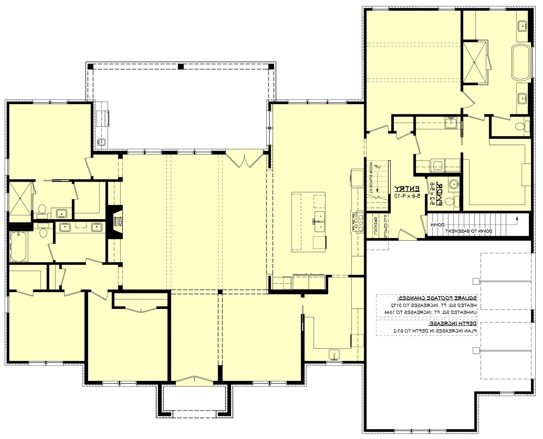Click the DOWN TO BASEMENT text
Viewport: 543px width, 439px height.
(468, 231)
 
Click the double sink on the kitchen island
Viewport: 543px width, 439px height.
(320, 222)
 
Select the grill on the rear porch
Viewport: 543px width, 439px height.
(103, 118)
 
